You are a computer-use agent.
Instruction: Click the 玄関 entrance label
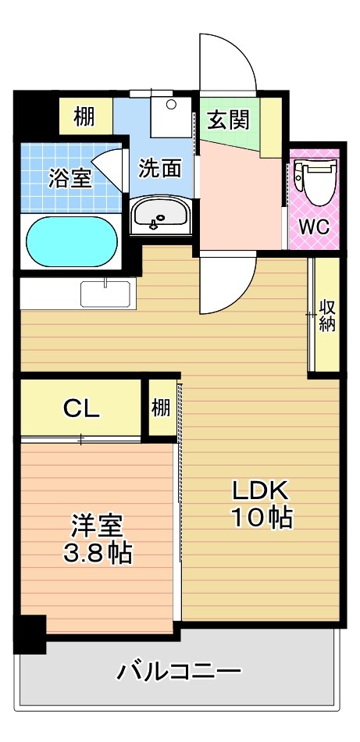click(228, 120)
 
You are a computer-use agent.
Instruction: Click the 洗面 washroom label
click(161, 167)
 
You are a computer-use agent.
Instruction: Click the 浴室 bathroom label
click(70, 177)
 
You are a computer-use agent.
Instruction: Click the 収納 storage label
click(326, 315)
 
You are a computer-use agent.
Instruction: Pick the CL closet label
click(81, 408)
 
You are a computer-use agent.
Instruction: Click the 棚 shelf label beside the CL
click(161, 408)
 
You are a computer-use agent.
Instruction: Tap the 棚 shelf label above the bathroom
click(84, 117)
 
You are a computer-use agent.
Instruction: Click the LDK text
click(260, 491)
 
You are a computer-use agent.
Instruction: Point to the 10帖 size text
click(261, 517)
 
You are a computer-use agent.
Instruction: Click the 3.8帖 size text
click(97, 552)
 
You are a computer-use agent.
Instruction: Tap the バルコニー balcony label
click(180, 670)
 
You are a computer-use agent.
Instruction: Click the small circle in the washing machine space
click(171, 103)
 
